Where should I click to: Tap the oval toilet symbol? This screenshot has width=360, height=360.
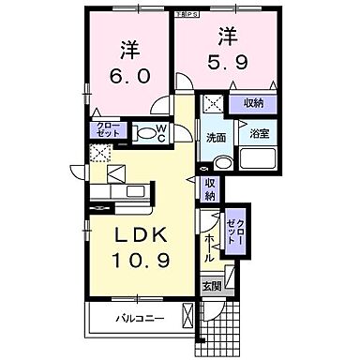pos(145,134)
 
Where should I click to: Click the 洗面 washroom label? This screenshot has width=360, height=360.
pos(217,138)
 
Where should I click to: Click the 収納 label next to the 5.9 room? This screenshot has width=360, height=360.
pos(254,104)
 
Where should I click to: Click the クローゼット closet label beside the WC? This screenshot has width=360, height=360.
pos(102,131)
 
